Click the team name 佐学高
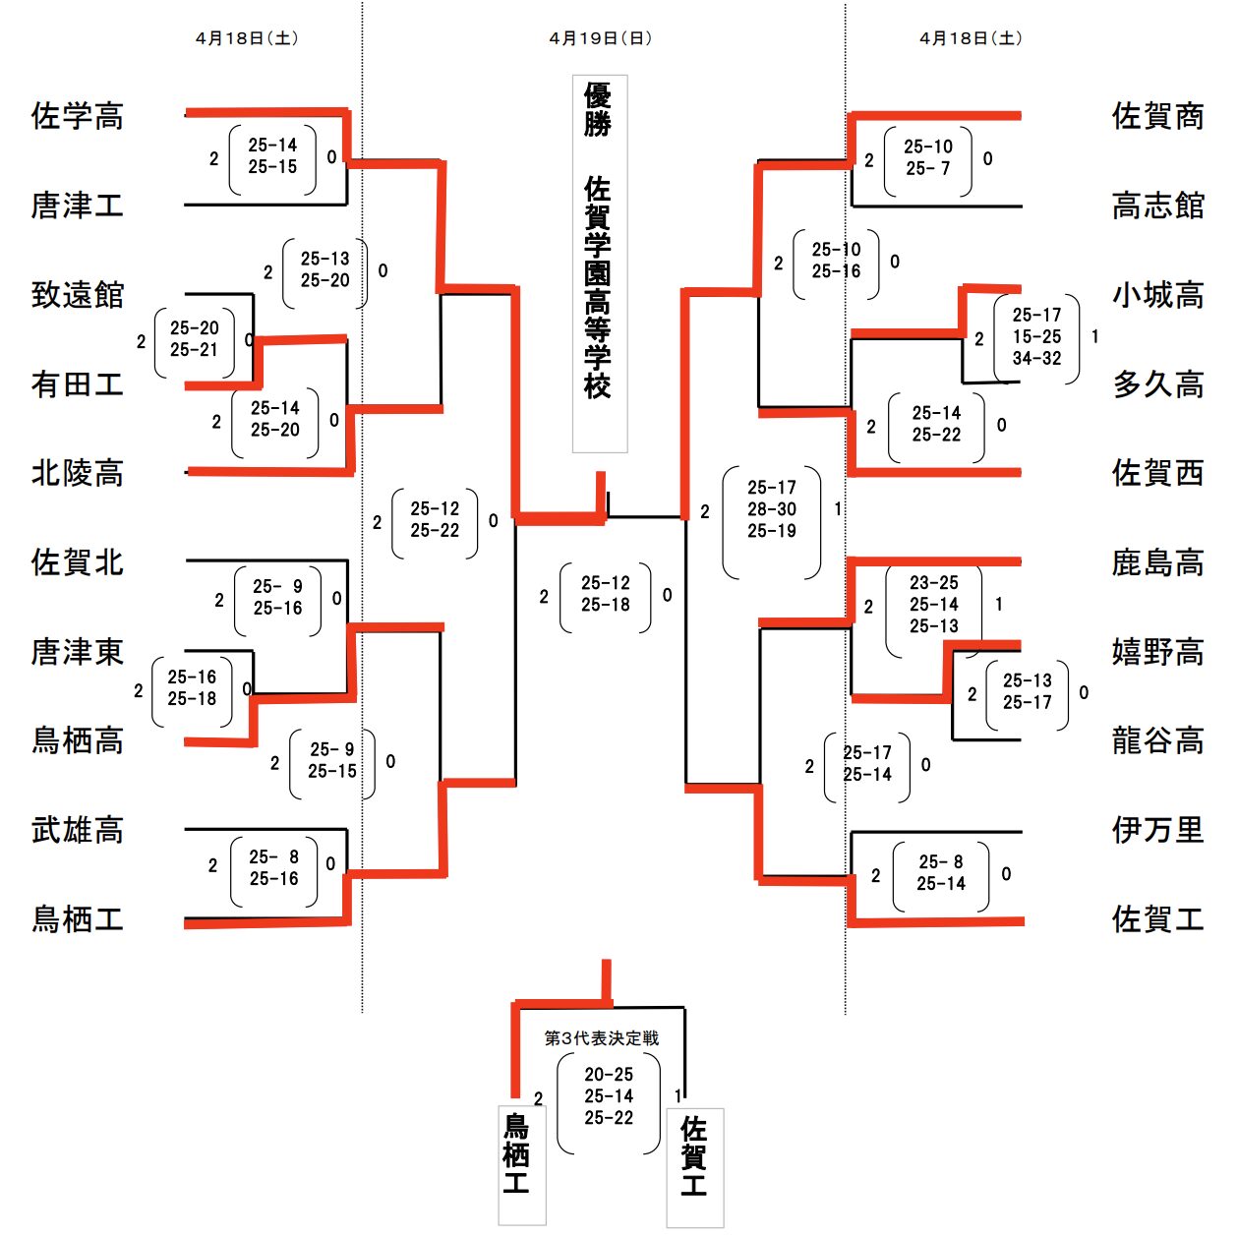pyautogui.click(x=77, y=116)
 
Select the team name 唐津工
pyautogui.click(x=77, y=205)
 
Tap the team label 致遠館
pyautogui.click(x=77, y=295)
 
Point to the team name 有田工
pyautogui.click(x=77, y=384)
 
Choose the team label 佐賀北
pyautogui.click(x=77, y=562)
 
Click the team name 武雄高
pyautogui.click(x=77, y=830)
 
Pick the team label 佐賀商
pyautogui.click(x=1157, y=116)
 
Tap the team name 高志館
pyautogui.click(x=1157, y=205)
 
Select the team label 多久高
pyautogui.click(x=1157, y=384)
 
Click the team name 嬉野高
pyautogui.click(x=1157, y=652)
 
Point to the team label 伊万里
pyautogui.click(x=1157, y=830)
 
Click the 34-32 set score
pyautogui.click(x=1037, y=358)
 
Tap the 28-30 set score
pyautogui.click(x=772, y=509)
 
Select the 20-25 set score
pyautogui.click(x=609, y=1074)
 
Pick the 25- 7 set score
pyautogui.click(x=927, y=168)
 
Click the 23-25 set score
pyautogui.click(x=933, y=583)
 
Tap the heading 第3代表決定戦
pyautogui.click(x=602, y=1037)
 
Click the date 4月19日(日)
pyautogui.click(x=601, y=38)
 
